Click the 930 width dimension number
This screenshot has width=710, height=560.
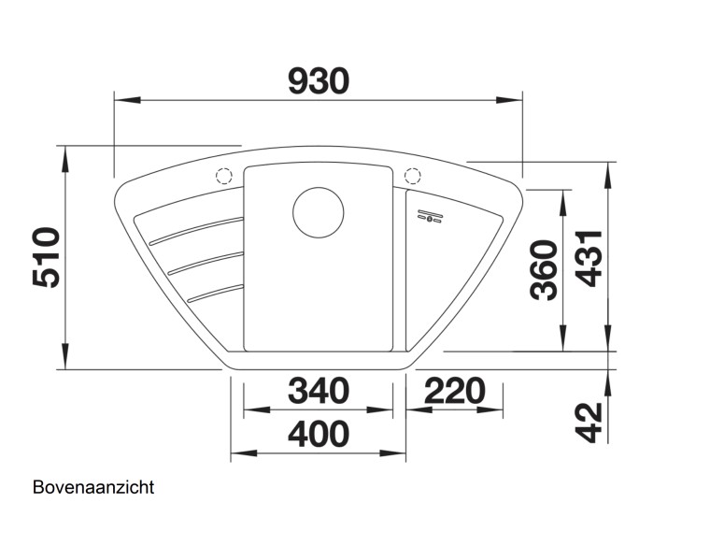coord(318,81)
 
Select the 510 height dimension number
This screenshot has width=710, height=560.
coord(47,257)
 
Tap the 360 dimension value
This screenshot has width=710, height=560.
coord(544,270)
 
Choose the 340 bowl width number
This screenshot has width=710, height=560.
coord(318,391)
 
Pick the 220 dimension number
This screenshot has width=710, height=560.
coord(455,391)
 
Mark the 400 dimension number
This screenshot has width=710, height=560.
coord(318,435)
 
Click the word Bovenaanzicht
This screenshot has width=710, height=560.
coord(93,487)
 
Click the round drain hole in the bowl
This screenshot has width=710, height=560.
coord(318,211)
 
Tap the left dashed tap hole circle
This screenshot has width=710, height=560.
coord(224,176)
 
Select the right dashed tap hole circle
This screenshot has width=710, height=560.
coord(412,176)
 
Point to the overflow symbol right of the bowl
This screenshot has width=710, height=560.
coord(431,215)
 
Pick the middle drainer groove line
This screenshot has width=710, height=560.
coord(206,262)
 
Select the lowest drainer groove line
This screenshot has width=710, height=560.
coord(215,293)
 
